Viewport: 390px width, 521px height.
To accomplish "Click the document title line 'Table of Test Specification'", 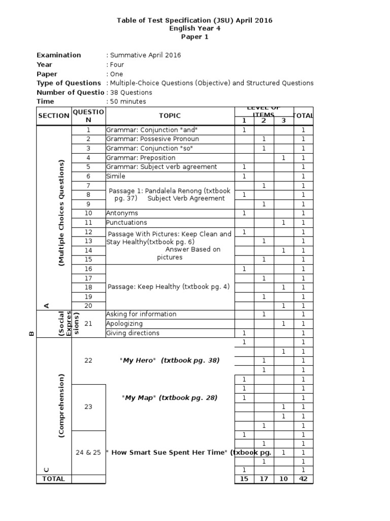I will click(194, 20).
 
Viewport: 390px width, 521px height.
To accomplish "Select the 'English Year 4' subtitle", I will click(194, 28).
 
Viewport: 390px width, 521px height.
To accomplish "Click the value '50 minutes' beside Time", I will click(127, 102).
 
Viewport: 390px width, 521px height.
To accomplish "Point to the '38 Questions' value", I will click(130, 93).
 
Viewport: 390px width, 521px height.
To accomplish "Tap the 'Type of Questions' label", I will click(69, 83).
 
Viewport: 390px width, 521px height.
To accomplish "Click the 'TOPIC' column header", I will click(169, 116).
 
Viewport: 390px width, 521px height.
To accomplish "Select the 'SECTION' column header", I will click(53, 116).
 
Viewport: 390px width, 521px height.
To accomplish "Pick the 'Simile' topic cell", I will click(116, 176).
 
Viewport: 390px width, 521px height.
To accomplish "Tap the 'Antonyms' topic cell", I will click(122, 213).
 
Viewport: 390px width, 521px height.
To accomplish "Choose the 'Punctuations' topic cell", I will click(126, 222).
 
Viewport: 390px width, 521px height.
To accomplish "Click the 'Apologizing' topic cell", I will click(124, 324).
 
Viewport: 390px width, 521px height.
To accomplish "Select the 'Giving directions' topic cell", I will click(133, 333).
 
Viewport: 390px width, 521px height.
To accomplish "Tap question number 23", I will click(89, 407).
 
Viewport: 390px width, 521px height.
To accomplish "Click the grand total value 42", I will click(304, 479).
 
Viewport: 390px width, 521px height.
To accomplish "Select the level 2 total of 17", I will click(264, 479).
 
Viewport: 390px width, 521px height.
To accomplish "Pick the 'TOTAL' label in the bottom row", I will click(53, 479).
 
